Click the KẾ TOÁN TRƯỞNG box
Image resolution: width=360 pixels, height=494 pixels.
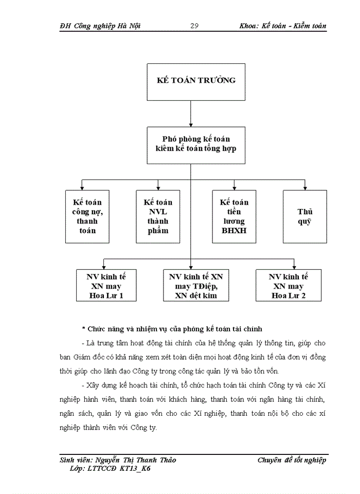click(x=191, y=82)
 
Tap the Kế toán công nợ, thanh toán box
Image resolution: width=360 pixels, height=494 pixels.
click(x=87, y=216)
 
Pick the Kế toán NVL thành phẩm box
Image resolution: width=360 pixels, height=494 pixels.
click(x=158, y=216)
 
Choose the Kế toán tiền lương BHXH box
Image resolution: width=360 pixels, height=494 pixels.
click(x=234, y=216)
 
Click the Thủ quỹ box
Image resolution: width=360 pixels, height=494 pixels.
click(x=304, y=216)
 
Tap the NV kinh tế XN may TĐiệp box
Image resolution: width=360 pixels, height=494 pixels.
click(x=196, y=286)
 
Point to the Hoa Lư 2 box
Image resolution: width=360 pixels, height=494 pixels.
click(x=289, y=286)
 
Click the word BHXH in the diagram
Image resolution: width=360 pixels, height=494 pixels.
click(x=234, y=231)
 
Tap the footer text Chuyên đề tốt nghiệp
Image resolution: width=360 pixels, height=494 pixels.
click(x=292, y=460)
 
